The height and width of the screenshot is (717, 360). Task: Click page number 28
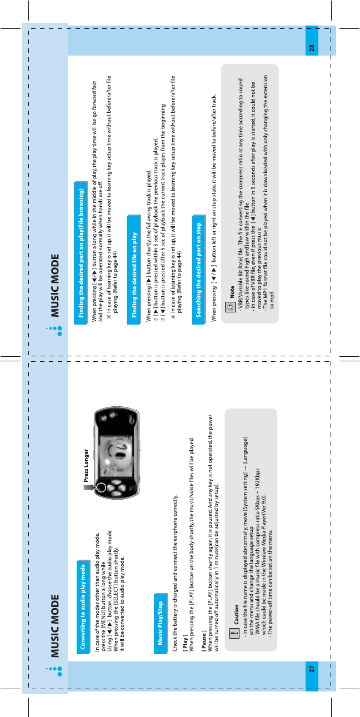pyautogui.click(x=312, y=48)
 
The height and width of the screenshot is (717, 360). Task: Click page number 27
pyautogui.click(x=312, y=669)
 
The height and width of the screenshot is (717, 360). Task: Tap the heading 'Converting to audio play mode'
pyautogui.click(x=83, y=606)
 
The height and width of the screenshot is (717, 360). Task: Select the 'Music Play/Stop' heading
pyautogui.click(x=160, y=623)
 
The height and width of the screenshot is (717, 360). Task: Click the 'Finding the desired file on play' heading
pyautogui.click(x=134, y=275)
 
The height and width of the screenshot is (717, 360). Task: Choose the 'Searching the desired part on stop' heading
pyautogui.click(x=199, y=270)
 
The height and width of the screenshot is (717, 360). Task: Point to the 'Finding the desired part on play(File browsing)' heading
pyautogui.click(x=81, y=253)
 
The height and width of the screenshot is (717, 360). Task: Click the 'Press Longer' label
pyautogui.click(x=86, y=465)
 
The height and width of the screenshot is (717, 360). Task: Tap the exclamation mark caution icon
pyautogui.click(x=234, y=633)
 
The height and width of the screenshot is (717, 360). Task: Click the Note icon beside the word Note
pyautogui.click(x=230, y=307)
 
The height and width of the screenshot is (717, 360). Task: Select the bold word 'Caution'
pyautogui.click(x=236, y=614)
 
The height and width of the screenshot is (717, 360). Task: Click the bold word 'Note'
pyautogui.click(x=232, y=292)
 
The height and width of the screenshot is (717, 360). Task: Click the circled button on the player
pyautogui.click(x=102, y=487)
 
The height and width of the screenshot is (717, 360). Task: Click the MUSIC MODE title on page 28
pyautogui.click(x=55, y=286)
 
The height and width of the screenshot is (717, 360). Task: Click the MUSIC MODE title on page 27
pyautogui.click(x=55, y=626)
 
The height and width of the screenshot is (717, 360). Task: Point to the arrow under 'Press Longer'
pyautogui.click(x=89, y=487)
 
